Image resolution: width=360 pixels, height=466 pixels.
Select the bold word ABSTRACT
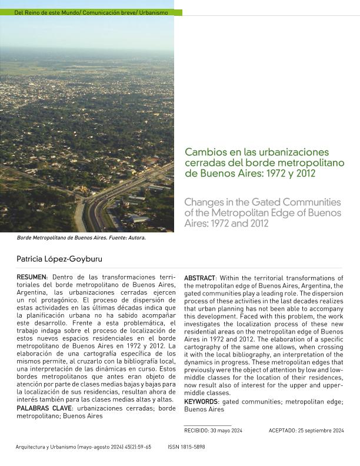(199, 278)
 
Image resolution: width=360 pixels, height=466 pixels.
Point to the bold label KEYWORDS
(201, 402)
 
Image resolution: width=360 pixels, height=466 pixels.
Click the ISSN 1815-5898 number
(186, 447)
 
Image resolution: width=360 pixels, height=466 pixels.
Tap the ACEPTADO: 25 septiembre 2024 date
(306, 431)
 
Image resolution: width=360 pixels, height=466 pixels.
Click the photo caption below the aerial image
(81, 239)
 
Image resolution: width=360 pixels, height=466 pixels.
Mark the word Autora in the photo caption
(135, 239)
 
